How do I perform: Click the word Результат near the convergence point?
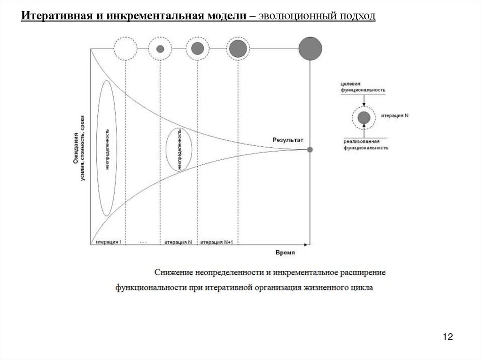point(288,140)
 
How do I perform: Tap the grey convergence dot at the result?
point(310,149)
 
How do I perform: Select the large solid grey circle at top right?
point(310,48)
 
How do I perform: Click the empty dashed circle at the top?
point(125,48)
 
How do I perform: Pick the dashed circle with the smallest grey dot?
point(160,48)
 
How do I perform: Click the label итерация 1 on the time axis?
point(109,242)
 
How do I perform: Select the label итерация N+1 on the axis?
point(217,242)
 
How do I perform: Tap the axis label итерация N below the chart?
point(178,242)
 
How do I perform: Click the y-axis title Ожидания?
point(75,148)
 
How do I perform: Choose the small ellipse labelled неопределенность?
point(179,148)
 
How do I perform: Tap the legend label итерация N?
point(395,115)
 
